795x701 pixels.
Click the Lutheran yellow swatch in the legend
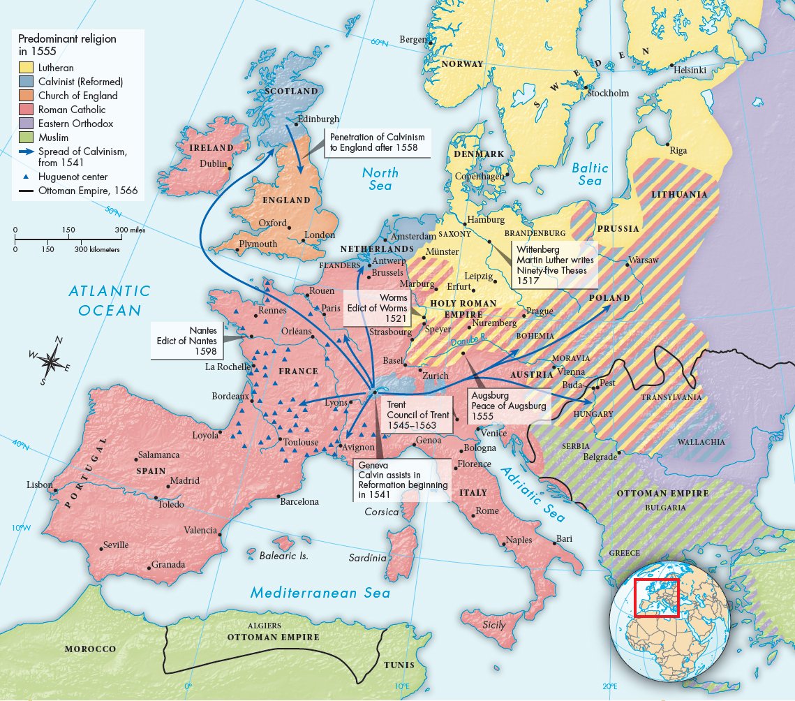pyautogui.click(x=26, y=68)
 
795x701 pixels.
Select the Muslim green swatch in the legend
pyautogui.click(x=26, y=138)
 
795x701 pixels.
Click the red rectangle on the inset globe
pyautogui.click(x=656, y=598)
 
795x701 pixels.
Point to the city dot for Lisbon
pyautogui.click(x=54, y=490)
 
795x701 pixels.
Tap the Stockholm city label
pyautogui.click(x=608, y=93)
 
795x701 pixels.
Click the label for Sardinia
pyautogui.click(x=367, y=558)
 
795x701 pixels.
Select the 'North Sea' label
pyautogui.click(x=380, y=179)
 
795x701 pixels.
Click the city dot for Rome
pyautogui.click(x=473, y=515)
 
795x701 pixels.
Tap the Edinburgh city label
pyautogui.click(x=318, y=119)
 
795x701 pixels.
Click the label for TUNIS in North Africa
pyautogui.click(x=399, y=665)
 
